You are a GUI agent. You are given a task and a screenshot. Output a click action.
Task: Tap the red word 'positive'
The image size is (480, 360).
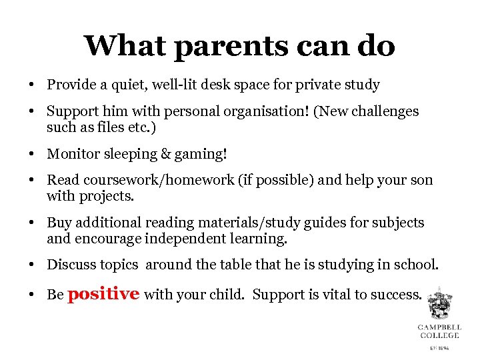pos(103,293)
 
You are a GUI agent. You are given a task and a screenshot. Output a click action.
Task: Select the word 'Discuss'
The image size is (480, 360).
pos(71,265)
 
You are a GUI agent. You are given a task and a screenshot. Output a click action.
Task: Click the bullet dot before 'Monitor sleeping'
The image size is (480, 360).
pos(31,155)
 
